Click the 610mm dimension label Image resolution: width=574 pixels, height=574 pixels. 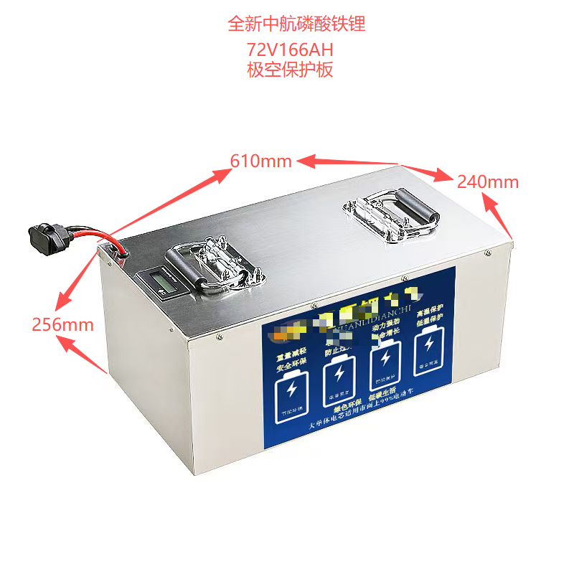click(260, 161)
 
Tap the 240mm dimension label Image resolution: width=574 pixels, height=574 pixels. click(488, 182)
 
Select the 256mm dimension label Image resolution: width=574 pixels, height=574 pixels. click(62, 324)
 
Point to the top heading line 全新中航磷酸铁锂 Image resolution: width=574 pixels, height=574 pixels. click(296, 24)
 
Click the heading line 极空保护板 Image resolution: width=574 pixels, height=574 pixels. click(289, 70)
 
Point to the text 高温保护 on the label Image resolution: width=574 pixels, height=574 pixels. click(430, 308)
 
